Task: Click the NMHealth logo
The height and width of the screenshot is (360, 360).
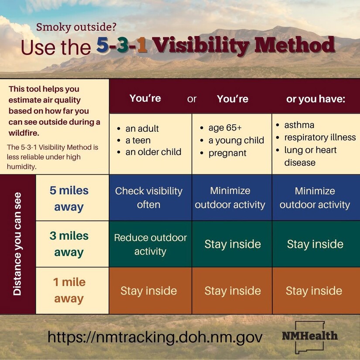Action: coord(310,336)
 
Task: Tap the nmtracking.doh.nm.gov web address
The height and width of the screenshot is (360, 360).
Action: coord(155,337)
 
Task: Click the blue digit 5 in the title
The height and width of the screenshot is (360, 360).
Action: coord(102,45)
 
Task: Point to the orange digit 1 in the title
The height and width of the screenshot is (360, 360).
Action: coord(142,45)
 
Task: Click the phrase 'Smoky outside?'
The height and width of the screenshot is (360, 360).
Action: coord(76,27)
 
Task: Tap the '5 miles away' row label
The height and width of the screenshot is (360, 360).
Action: coord(69,199)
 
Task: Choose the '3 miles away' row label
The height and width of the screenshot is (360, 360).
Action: coord(69,244)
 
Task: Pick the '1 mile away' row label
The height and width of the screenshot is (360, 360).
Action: coord(69,290)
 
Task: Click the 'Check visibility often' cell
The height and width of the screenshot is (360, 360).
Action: coord(149,198)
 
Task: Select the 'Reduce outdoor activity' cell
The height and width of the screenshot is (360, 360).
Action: coord(151,244)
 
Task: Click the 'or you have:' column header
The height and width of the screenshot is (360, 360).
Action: coord(315,99)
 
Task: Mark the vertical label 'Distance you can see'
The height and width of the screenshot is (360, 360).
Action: coord(17,244)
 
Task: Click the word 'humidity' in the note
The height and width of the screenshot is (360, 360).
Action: coord(21,166)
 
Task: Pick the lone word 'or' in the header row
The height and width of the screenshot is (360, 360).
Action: coord(192,99)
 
